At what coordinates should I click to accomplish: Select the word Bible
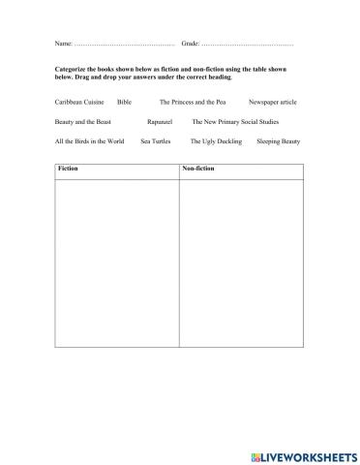124,101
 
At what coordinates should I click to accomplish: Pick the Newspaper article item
273,101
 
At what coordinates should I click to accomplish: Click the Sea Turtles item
157,141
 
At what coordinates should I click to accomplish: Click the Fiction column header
69,169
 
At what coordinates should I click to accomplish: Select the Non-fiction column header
197,169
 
